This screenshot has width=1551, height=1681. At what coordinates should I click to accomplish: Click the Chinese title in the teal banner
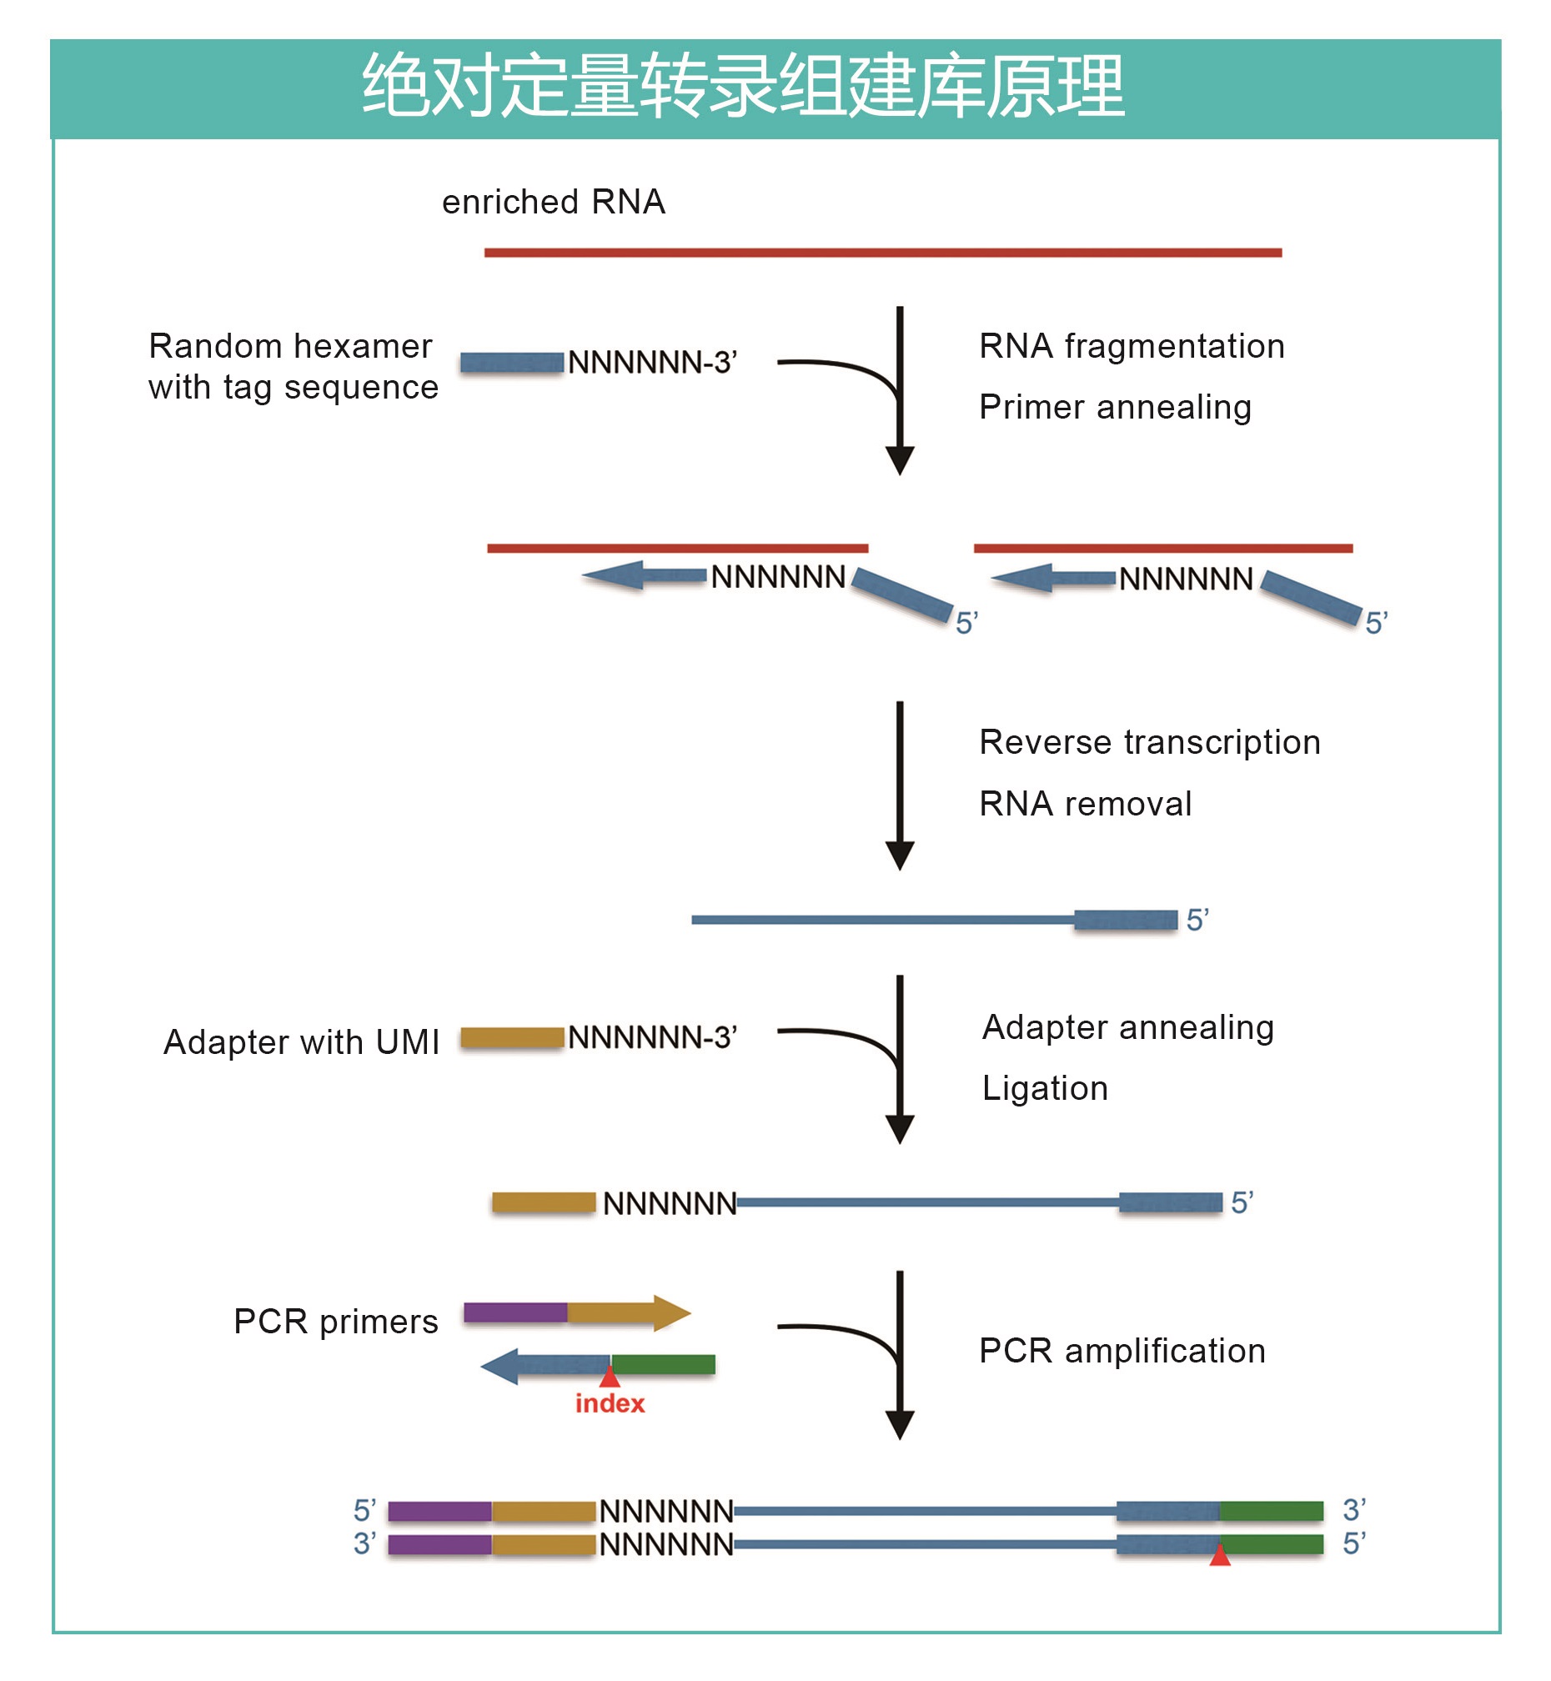tap(743, 86)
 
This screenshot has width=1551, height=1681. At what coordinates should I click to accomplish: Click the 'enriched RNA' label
tap(553, 203)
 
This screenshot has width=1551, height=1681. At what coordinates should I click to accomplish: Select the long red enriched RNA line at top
tap(882, 253)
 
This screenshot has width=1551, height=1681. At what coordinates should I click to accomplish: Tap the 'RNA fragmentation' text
tap(1132, 347)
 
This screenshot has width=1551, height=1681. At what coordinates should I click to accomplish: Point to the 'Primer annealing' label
tap(1115, 408)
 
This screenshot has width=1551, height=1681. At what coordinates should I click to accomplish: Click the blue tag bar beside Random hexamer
tap(511, 364)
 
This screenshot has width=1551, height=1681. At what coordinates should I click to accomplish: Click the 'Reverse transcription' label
tap(1150, 743)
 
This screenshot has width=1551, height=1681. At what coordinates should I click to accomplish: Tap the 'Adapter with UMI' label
tap(301, 1042)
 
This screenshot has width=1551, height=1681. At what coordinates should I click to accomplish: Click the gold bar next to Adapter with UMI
tap(512, 1038)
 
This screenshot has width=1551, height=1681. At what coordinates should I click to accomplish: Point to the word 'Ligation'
tap(1045, 1089)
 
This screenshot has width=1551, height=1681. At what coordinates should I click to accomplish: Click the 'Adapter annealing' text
tap(1128, 1028)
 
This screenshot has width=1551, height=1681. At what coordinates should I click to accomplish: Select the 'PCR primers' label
tap(336, 1322)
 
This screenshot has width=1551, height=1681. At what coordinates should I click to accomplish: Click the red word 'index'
tap(610, 1404)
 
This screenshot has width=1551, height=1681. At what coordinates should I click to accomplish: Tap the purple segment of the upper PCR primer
tap(515, 1313)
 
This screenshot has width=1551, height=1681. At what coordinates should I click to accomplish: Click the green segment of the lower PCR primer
tap(663, 1366)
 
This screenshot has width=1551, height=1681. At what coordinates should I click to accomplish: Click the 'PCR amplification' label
tap(1122, 1352)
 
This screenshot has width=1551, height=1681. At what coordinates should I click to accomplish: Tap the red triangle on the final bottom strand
tap(1219, 1557)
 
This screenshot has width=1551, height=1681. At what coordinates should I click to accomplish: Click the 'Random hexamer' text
tap(290, 347)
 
